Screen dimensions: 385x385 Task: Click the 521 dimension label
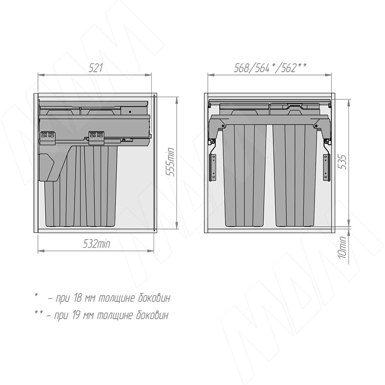click(95, 68)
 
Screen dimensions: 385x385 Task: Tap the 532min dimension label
click(97, 244)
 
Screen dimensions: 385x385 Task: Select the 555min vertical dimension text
click(170, 162)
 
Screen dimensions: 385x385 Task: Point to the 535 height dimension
click(343, 162)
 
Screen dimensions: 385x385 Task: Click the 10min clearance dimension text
click(342, 247)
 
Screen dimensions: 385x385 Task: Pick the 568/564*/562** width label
click(270, 68)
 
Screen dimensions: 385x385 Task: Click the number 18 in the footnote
click(77, 298)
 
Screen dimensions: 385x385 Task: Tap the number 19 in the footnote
click(76, 315)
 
